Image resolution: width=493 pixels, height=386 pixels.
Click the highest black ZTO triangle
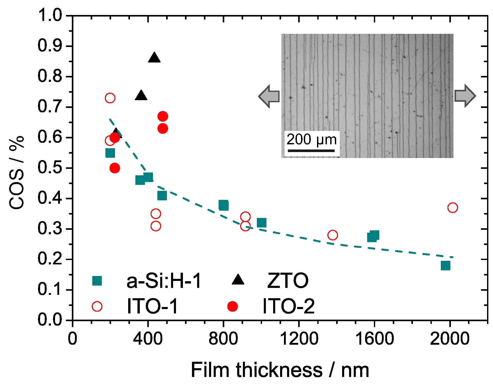pyautogui.click(x=154, y=58)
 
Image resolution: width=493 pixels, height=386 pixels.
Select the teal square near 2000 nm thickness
pyautogui.click(x=445, y=265)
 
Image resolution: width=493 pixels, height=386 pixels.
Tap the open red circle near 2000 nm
pyautogui.click(x=452, y=207)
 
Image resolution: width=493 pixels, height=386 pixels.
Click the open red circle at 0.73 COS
pyautogui.click(x=110, y=98)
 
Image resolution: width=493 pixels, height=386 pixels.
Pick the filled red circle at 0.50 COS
pyautogui.click(x=115, y=168)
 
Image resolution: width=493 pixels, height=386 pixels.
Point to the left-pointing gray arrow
pyautogui.click(x=269, y=96)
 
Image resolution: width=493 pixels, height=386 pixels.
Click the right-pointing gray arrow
pyautogui.click(x=465, y=96)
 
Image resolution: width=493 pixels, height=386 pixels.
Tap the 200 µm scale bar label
pyautogui.click(x=312, y=140)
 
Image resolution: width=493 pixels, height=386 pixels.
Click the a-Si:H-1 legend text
pyautogui.click(x=164, y=281)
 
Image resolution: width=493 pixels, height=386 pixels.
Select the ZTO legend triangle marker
pyautogui.click(x=238, y=280)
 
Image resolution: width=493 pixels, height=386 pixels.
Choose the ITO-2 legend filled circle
pyautogui.click(x=233, y=306)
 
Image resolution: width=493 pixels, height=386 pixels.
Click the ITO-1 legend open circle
pyautogui.click(x=97, y=306)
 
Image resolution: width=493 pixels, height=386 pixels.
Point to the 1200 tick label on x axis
pyautogui.click(x=299, y=338)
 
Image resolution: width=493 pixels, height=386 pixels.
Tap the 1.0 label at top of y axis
pyautogui.click(x=50, y=15)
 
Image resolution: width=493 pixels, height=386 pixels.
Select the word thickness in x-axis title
pyautogui.click(x=279, y=370)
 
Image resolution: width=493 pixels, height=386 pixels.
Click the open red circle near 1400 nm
pyautogui.click(x=333, y=235)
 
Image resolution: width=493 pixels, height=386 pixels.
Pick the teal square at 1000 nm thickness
pyautogui.click(x=261, y=222)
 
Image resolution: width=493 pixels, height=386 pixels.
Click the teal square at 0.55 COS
pyautogui.click(x=110, y=153)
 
